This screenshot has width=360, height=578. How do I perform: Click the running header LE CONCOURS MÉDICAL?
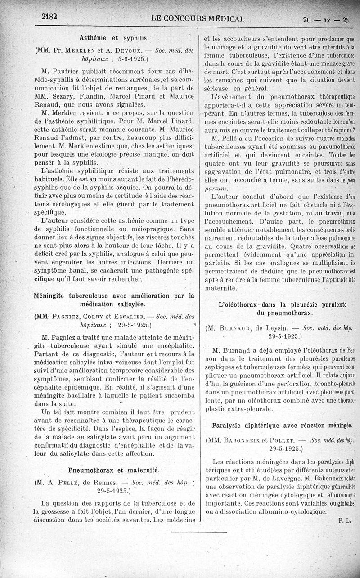(x=198, y=19)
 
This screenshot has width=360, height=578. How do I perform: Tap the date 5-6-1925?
(x=129, y=58)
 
